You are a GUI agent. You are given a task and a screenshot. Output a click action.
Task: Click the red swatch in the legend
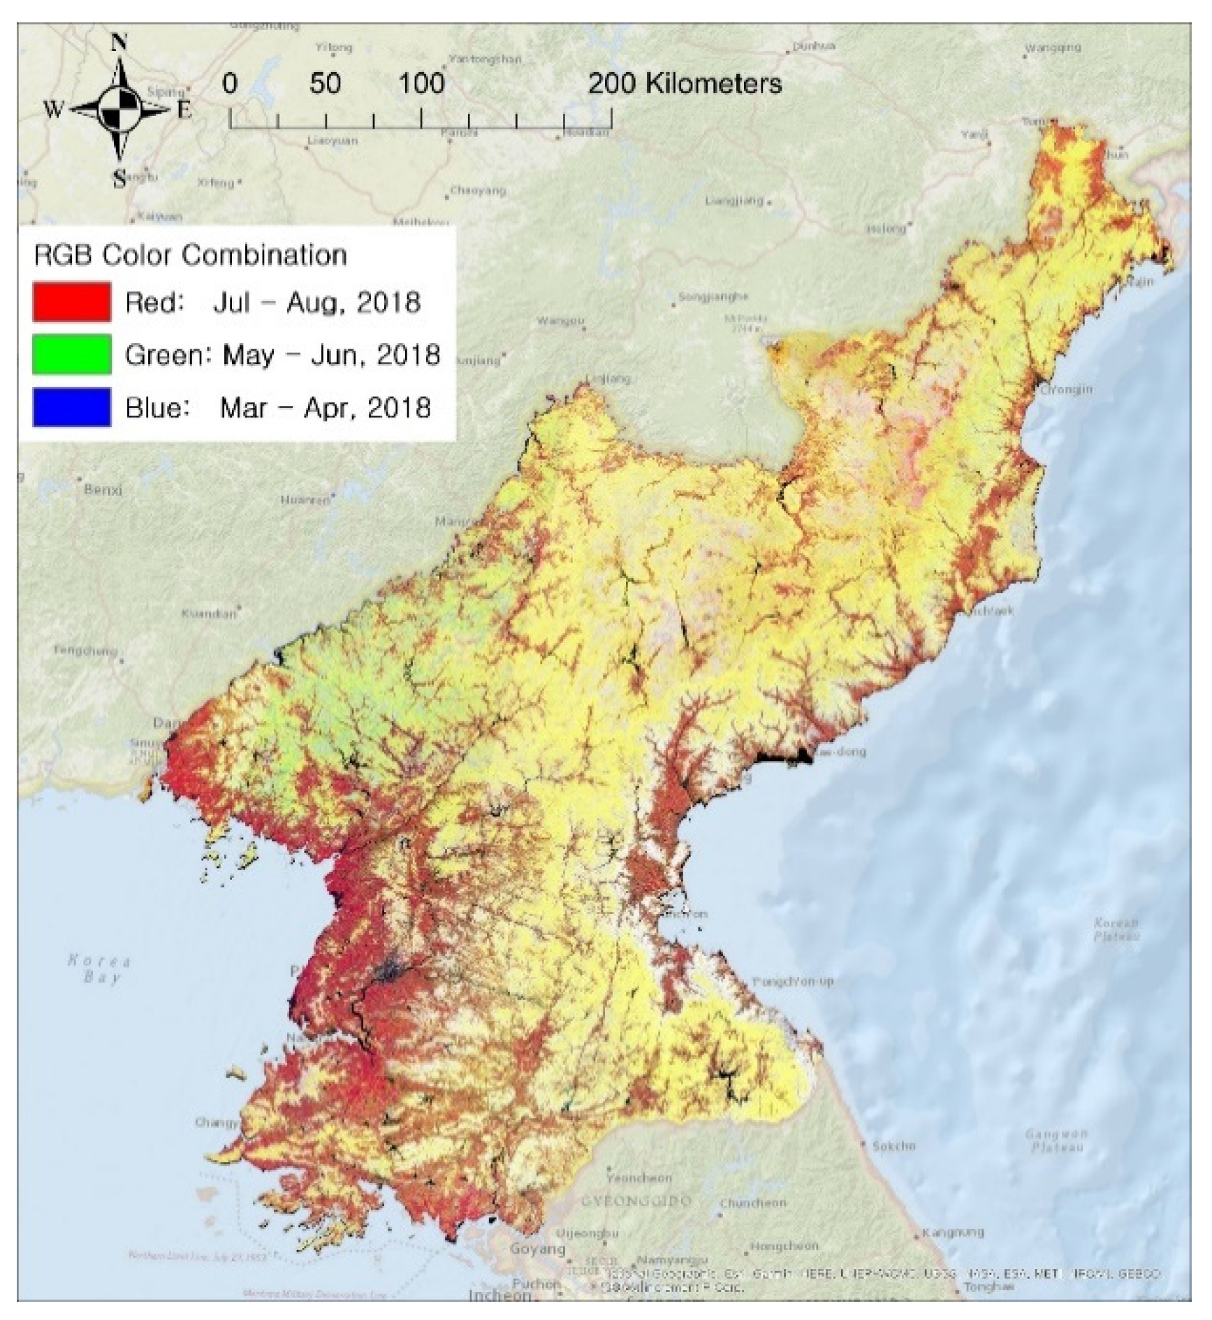click(x=71, y=302)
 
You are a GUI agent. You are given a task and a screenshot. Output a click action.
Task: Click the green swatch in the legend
click(x=71, y=354)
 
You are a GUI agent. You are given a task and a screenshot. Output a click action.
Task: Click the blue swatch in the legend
click(x=71, y=407)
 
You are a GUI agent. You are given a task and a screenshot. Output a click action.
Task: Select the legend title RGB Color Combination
click(x=190, y=255)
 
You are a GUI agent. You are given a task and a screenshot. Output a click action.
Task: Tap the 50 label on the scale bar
click(x=325, y=84)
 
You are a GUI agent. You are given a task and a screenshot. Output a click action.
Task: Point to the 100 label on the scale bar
click(x=421, y=84)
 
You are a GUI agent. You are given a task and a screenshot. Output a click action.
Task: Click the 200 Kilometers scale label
click(x=685, y=84)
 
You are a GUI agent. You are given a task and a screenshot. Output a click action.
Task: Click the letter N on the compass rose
click(x=119, y=43)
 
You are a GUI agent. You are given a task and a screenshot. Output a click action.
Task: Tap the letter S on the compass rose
click(x=119, y=180)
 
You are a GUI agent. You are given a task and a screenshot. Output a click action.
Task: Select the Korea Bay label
click(x=99, y=969)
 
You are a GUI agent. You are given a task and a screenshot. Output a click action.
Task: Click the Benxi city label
click(x=103, y=489)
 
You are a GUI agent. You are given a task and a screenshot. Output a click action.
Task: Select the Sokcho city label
click(x=893, y=1146)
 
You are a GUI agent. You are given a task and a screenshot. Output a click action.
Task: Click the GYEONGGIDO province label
click(x=636, y=1201)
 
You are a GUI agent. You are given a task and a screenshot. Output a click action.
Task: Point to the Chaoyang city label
click(x=478, y=190)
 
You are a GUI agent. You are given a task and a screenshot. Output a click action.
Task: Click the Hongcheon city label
click(x=784, y=1246)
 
